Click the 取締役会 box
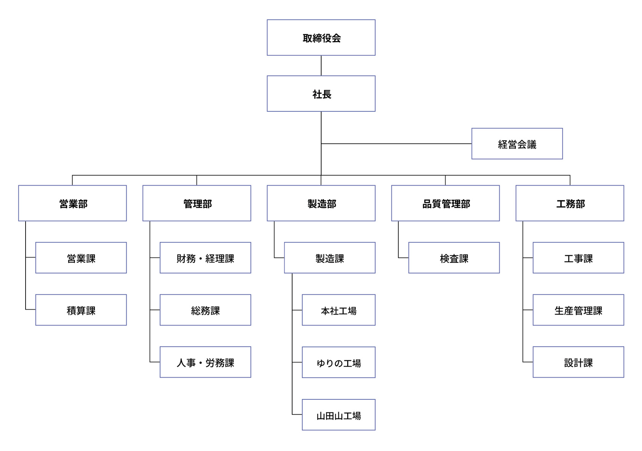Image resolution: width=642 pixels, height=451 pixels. click(x=321, y=37)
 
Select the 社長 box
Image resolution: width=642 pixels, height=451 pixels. click(x=321, y=93)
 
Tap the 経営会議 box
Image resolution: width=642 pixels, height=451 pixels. click(x=517, y=143)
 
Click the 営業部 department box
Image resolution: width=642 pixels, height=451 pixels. click(x=72, y=203)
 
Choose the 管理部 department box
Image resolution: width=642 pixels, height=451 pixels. click(x=196, y=203)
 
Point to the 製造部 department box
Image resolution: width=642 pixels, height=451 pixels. click(x=321, y=203)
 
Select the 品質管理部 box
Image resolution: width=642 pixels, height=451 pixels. click(x=445, y=203)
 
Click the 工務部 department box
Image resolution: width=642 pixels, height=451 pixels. click(x=570, y=203)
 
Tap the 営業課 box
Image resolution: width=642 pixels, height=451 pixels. click(x=81, y=258)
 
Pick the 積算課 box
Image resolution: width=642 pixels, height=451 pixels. click(x=81, y=310)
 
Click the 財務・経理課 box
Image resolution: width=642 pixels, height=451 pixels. click(x=205, y=258)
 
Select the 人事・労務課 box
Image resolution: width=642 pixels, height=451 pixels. click(x=205, y=362)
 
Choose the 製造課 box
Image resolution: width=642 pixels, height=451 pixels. click(x=330, y=258)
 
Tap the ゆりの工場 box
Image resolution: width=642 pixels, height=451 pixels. click(x=338, y=362)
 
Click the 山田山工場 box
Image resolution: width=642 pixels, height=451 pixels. click(x=338, y=415)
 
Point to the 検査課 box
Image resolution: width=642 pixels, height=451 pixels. click(x=454, y=258)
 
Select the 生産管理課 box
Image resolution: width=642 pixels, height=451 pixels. click(x=578, y=310)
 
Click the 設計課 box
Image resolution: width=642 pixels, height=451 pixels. click(x=578, y=362)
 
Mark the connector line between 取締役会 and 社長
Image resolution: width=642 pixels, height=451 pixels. click(x=321, y=66)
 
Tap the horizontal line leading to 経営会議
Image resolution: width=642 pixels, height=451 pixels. click(x=397, y=144)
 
